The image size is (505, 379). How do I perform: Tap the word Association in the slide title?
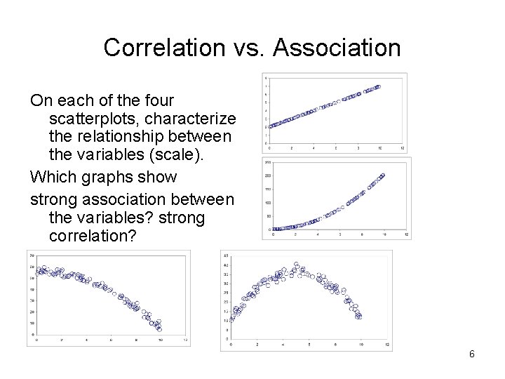coord(337,48)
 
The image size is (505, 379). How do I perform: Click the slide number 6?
coord(472,354)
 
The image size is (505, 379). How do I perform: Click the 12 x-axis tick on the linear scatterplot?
coord(401,149)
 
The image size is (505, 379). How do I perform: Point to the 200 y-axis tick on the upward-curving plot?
coord(268,175)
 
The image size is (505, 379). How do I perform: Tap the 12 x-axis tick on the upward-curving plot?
coord(406,234)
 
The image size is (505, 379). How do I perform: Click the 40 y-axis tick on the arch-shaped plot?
coord(226,265)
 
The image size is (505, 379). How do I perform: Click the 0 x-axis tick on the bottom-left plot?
coord(36,340)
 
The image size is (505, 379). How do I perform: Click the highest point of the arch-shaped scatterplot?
coord(296,264)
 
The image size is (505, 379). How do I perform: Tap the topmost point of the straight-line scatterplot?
coord(379,87)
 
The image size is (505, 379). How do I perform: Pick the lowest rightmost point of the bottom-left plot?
coord(159,328)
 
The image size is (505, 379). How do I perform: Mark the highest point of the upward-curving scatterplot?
coord(383,175)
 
